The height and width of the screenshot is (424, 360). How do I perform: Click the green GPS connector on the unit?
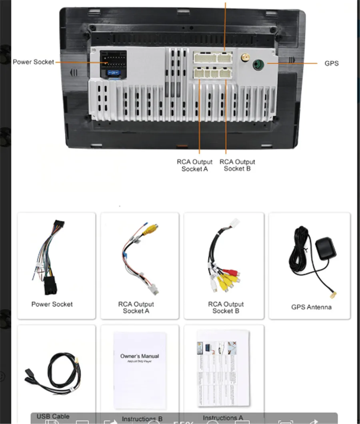coord(258,63)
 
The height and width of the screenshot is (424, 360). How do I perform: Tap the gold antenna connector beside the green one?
coord(243,59)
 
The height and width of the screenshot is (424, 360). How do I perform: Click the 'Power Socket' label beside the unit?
coord(33,62)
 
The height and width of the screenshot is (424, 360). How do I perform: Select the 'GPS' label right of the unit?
coord(331,63)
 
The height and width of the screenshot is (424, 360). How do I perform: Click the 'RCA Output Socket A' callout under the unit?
coord(195,165)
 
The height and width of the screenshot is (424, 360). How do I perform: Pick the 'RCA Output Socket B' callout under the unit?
coord(237,165)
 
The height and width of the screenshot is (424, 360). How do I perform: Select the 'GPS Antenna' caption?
coord(311,307)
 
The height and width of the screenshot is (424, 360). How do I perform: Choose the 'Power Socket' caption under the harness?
coord(52,304)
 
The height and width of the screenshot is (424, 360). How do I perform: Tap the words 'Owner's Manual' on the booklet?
coord(139,356)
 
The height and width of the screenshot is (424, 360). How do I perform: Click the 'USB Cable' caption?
coord(53,416)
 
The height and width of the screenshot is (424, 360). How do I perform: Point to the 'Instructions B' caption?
coord(142,419)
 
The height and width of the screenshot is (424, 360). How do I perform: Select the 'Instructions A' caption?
coord(223,418)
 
